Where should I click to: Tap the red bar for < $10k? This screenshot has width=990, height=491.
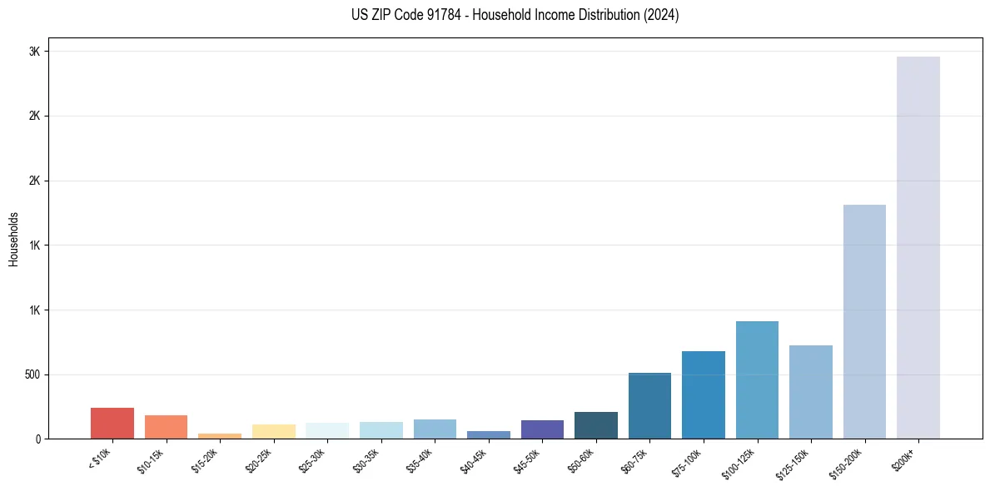(x=112, y=423)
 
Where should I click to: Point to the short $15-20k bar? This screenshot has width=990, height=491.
(x=220, y=435)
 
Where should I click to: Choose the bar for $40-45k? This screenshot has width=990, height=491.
(x=488, y=434)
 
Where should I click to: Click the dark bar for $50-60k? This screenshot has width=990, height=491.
(x=595, y=425)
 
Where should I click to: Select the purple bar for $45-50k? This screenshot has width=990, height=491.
(x=542, y=429)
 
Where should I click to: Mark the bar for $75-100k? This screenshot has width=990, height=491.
(x=703, y=394)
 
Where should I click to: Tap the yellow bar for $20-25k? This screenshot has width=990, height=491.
(x=273, y=431)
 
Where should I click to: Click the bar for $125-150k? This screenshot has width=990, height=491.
(x=810, y=392)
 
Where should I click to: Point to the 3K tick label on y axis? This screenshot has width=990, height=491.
(x=34, y=52)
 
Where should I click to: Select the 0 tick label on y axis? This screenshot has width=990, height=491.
(x=37, y=439)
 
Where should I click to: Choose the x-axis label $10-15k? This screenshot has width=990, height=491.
(x=152, y=459)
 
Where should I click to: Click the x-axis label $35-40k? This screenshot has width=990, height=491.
(x=421, y=459)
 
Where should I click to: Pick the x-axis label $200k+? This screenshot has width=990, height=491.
(x=904, y=458)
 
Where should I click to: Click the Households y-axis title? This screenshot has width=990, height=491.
(x=13, y=239)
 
